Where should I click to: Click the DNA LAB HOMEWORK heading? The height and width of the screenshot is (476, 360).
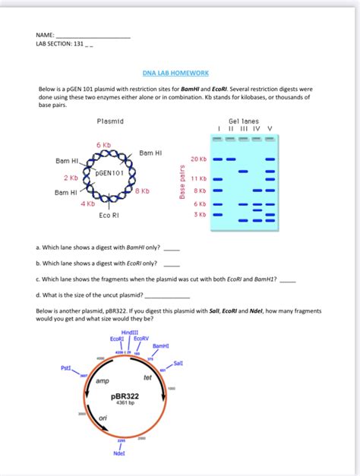[x=175, y=73]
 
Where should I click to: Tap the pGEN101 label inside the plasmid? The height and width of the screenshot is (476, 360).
[x=109, y=173]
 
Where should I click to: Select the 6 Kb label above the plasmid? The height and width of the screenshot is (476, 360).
[x=103, y=144]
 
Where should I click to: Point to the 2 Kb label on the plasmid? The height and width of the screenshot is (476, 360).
[x=71, y=178]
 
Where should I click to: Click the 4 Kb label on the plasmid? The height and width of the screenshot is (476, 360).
[x=87, y=203]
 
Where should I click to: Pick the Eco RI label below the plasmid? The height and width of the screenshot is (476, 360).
[x=109, y=216]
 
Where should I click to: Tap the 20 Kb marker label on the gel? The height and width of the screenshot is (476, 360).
[x=199, y=159]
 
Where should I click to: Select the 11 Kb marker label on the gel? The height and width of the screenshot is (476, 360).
[x=199, y=178]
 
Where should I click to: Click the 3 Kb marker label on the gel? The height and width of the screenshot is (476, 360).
[x=201, y=215]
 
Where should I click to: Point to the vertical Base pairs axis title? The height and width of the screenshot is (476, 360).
[x=182, y=183]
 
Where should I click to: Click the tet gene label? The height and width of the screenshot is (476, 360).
[x=147, y=377]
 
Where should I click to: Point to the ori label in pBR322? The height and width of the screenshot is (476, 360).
[x=104, y=418]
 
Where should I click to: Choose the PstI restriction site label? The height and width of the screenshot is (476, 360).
[x=66, y=367]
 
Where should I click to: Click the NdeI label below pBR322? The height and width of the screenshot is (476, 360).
[x=119, y=453]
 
